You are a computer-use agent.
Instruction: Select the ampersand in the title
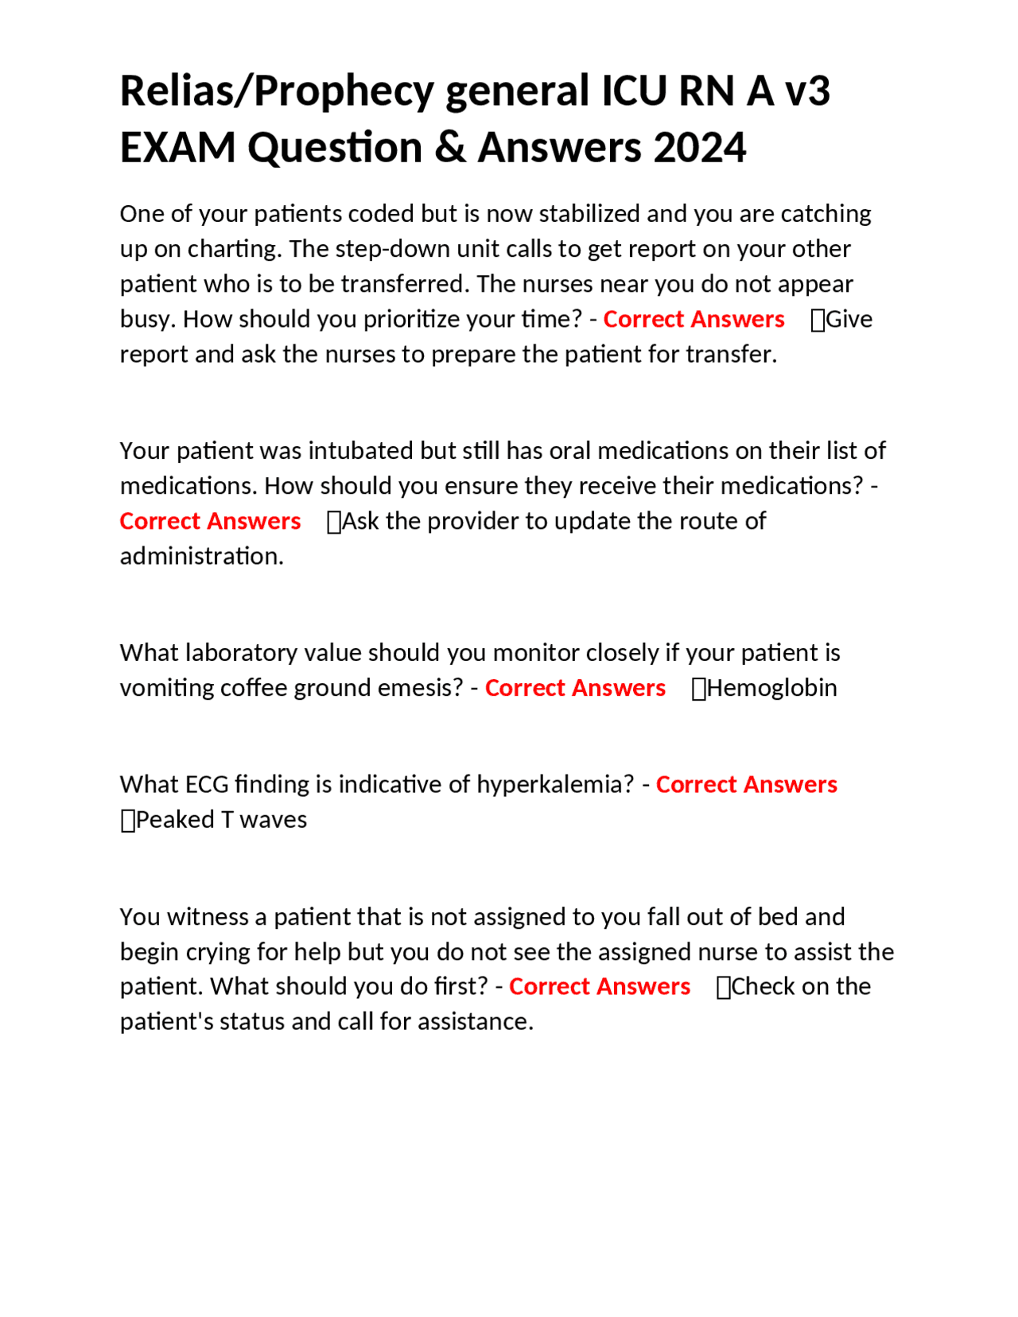450,148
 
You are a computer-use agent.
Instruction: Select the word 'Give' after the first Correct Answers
849,319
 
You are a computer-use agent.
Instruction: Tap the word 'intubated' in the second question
361,451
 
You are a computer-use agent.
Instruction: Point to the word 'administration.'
201,556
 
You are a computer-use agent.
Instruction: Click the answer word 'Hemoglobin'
771,688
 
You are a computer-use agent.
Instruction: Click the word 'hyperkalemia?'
555,785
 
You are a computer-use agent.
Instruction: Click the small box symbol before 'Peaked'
127,821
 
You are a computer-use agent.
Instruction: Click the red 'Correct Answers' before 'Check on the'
599,987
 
